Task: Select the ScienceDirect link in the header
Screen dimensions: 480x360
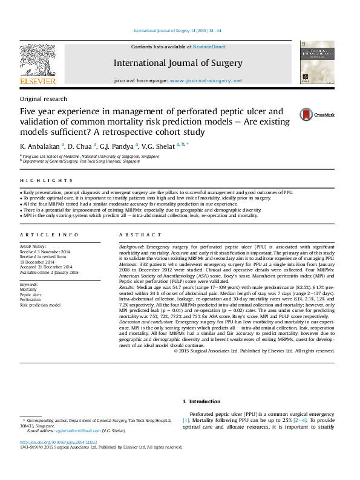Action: pyautogui.click(x=209, y=47)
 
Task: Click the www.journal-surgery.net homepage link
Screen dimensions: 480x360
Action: pyautogui.click(x=206, y=80)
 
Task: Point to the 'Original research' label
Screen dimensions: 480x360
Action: pyautogui.click(x=44, y=99)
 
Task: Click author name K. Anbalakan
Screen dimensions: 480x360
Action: pyautogui.click(x=39, y=146)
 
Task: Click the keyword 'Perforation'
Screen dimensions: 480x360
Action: pyautogui.click(x=31, y=300)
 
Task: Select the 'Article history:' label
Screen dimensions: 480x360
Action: pyautogui.click(x=33, y=247)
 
